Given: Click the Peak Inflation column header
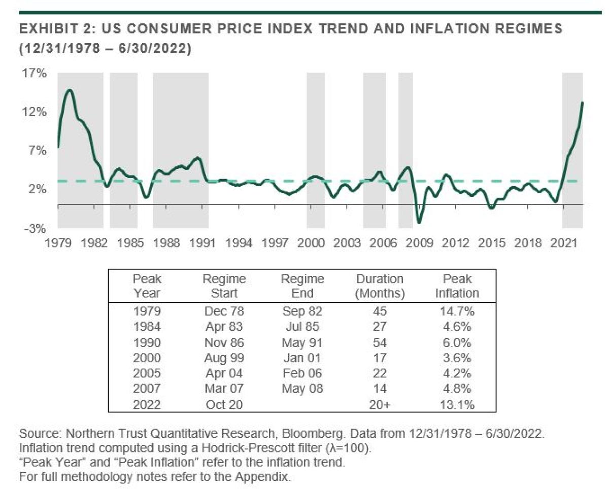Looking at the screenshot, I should point(457,286).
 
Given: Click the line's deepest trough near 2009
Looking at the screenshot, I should point(419,222).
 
